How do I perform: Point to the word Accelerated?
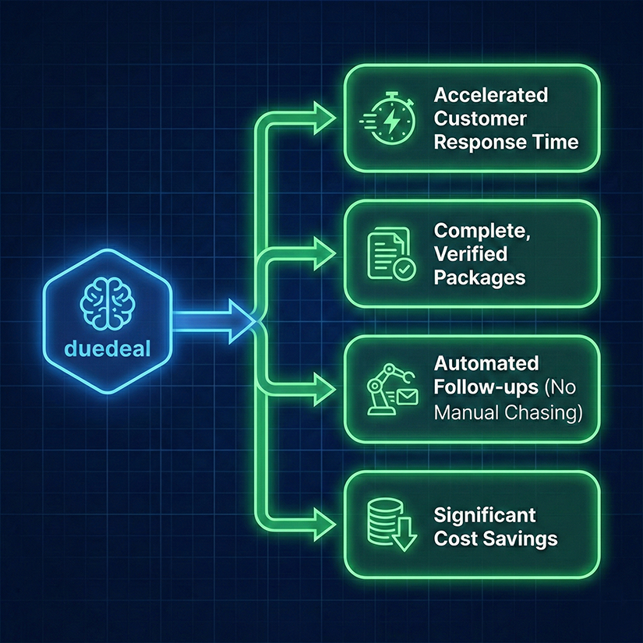click(491, 95)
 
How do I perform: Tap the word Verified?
click(471, 253)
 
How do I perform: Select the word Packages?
click(479, 277)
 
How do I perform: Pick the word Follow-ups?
click(482, 388)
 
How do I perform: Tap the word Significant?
click(485, 515)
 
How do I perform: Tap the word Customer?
click(480, 118)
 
